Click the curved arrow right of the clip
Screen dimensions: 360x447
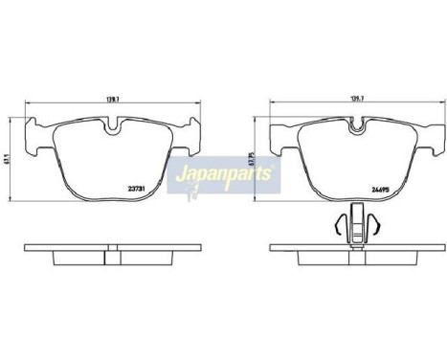380,226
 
